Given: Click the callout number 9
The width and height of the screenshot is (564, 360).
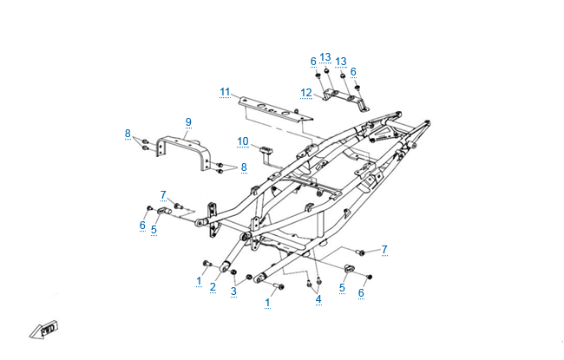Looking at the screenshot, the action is tap(188, 122).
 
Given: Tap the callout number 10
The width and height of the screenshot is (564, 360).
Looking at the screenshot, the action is tap(243, 141).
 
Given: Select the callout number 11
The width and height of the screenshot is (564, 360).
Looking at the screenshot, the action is tap(225, 93).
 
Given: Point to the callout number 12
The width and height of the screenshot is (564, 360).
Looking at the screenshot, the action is tap(306, 93).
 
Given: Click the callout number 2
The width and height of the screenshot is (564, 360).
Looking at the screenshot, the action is tap(213, 287).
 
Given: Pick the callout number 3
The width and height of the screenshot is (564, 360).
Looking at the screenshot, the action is tap(233, 291).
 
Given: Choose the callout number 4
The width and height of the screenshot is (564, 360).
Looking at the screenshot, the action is tap(318, 299).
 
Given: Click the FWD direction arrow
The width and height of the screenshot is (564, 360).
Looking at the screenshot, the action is tap(44, 330).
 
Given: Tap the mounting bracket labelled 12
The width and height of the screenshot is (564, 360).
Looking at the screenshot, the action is tap(345, 100).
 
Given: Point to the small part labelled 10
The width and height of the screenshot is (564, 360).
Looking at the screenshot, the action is tap(266, 150).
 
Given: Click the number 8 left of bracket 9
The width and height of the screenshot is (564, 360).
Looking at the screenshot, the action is tap(128, 134).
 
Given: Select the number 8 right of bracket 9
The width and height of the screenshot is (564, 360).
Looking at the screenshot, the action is tap(244, 167).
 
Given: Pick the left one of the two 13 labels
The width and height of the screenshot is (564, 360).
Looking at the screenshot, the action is tap(325, 57).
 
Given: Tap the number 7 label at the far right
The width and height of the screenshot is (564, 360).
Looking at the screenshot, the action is tap(384, 250).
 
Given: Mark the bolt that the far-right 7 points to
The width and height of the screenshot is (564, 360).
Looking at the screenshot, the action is tap(360, 252).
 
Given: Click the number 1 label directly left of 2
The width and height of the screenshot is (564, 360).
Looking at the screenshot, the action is tap(199, 281).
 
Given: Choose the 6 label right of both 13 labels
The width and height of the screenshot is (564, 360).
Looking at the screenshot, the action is tap(353, 72).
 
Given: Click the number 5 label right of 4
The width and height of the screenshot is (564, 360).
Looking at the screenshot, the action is tap(342, 288).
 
